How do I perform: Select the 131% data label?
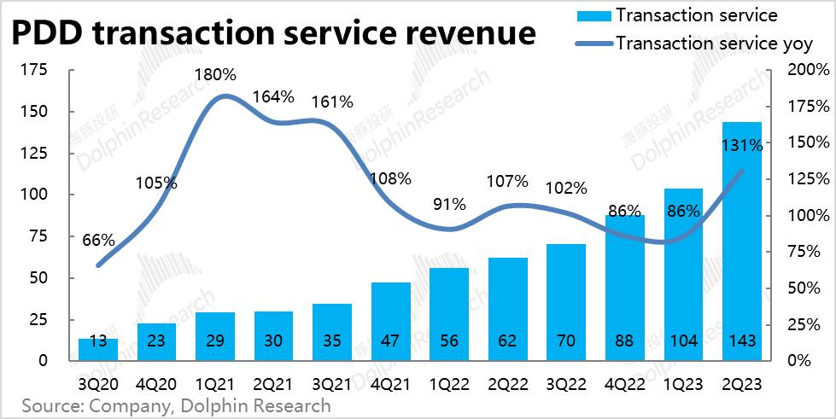(x=741, y=146)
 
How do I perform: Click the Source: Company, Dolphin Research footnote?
(x=176, y=405)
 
